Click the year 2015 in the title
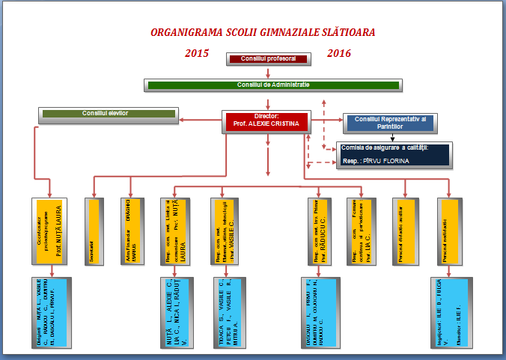[197, 53]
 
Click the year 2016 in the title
[339, 53]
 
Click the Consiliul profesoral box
[268, 58]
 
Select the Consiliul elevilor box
[107, 115]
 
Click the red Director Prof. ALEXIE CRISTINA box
[266, 121]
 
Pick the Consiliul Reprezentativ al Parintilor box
[389, 121]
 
